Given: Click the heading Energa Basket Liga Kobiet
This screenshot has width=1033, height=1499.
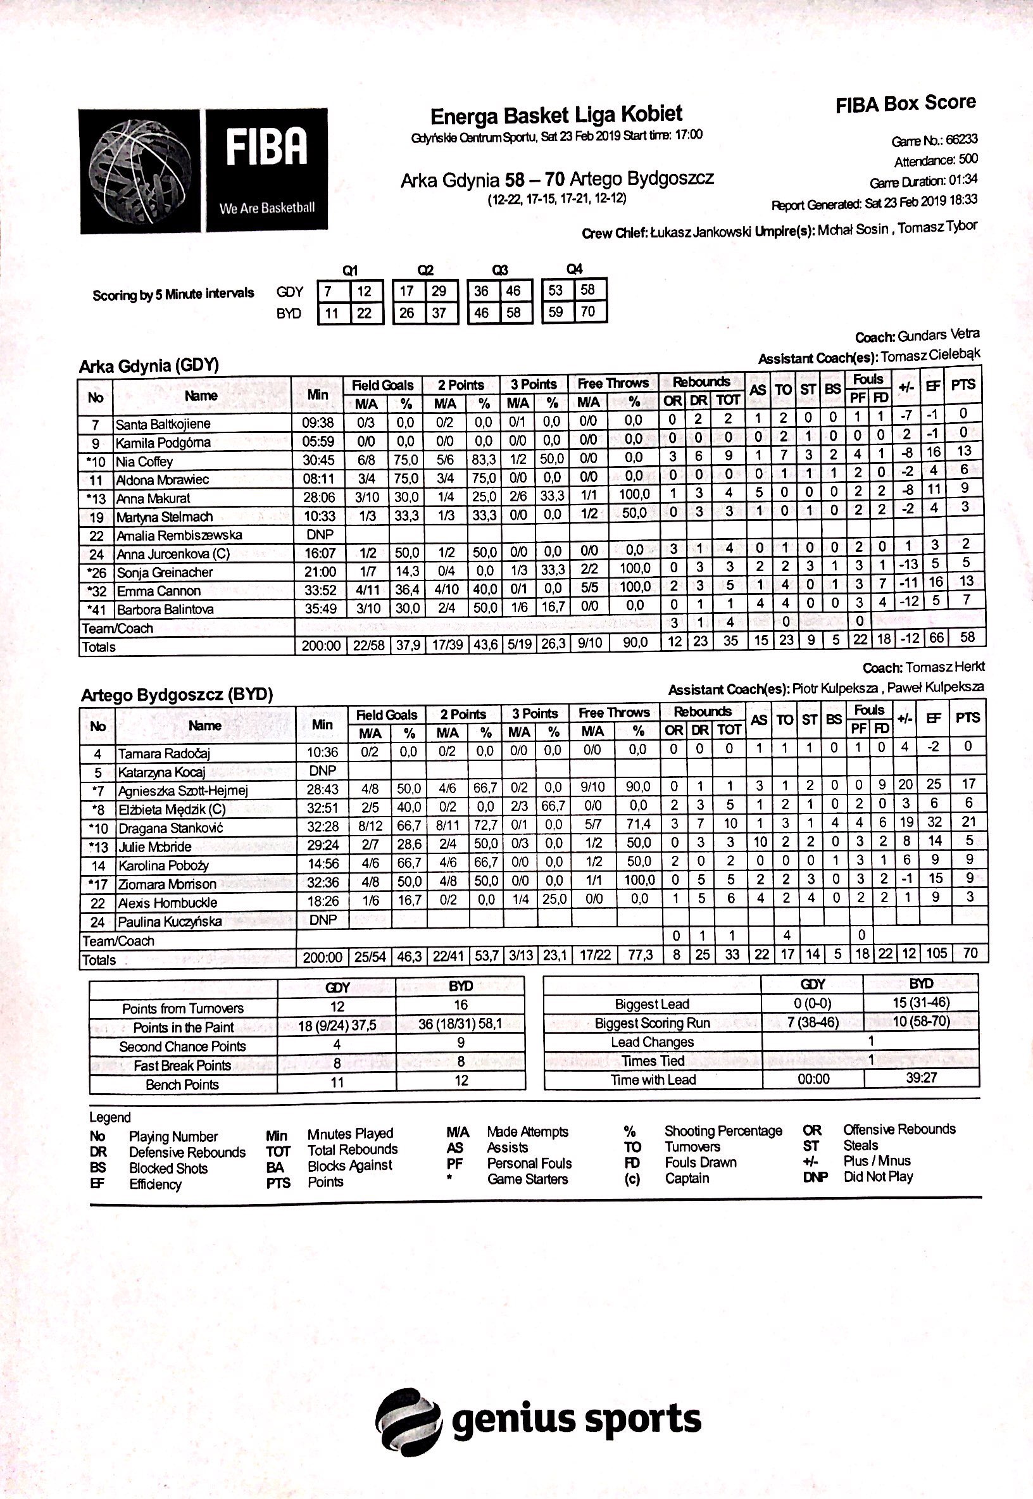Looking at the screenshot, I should click(x=556, y=115).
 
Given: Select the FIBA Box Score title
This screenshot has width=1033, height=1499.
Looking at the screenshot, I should click(x=906, y=104).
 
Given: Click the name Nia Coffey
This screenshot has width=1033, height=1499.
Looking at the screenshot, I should click(x=144, y=461).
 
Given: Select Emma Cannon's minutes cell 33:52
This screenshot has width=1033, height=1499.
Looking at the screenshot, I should click(x=320, y=590).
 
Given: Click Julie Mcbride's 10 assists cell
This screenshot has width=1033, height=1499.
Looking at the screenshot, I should click(x=761, y=841).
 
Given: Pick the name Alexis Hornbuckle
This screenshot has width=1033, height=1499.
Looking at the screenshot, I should click(x=168, y=902).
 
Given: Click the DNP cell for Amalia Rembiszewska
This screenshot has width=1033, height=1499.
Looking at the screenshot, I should click(x=320, y=535).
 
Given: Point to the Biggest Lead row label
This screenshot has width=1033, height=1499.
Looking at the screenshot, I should click(x=652, y=1004).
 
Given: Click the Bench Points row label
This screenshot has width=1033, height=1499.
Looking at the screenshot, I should click(x=182, y=1084).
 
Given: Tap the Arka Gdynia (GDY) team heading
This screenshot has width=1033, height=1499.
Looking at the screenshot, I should click(x=149, y=366).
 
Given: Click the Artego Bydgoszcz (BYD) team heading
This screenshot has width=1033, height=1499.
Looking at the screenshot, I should click(x=177, y=695).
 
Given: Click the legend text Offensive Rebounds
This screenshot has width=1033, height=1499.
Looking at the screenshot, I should click(x=898, y=1129).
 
